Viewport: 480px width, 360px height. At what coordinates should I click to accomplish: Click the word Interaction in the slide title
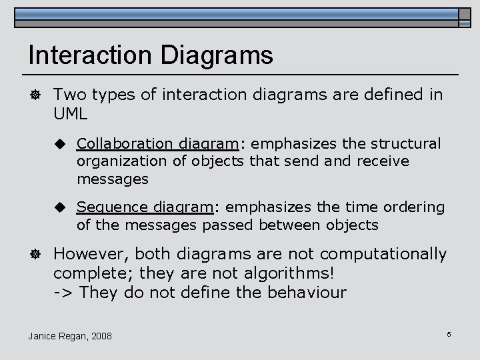pos(82,55)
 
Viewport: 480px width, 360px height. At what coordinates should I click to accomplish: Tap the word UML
pos(71,114)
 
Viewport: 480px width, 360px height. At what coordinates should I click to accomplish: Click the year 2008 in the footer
pos(101,335)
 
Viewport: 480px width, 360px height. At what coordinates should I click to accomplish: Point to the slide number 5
pos(449,333)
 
